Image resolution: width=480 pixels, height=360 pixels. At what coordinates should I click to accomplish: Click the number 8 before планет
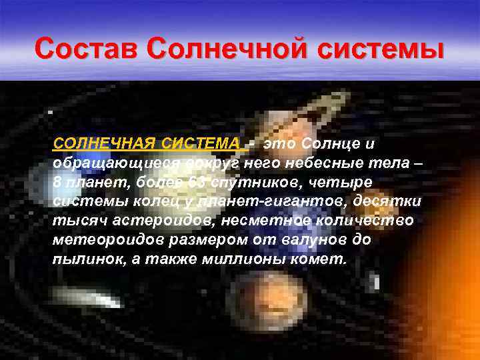tap(57, 182)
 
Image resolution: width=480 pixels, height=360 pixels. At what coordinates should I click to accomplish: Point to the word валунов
tap(286, 240)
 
